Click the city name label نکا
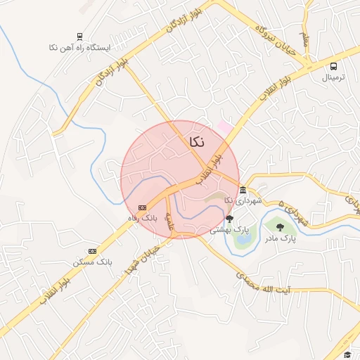tap(197, 141)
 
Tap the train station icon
tap(79, 37)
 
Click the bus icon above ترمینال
tap(334, 67)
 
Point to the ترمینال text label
tap(334, 77)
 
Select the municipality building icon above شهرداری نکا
tap(243, 191)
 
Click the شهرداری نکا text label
tap(243, 201)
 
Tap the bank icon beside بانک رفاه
tap(142, 207)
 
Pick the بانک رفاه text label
tap(150, 218)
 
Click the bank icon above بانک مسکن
tap(92, 251)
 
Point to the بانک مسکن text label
tap(95, 262)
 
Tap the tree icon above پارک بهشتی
tap(229, 219)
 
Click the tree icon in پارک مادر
tap(280, 226)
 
